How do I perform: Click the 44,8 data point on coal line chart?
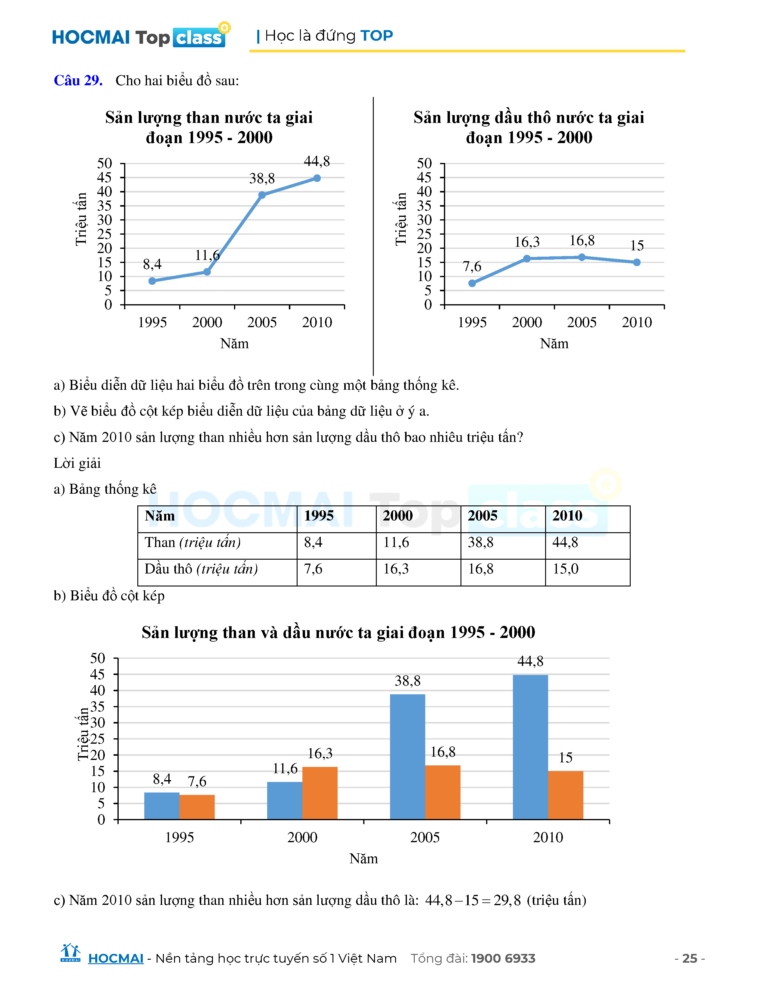click(x=317, y=178)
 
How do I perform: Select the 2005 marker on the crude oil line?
click(x=582, y=257)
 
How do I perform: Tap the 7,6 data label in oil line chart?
click(x=472, y=266)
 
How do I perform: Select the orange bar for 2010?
click(x=566, y=795)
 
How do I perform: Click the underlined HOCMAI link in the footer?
click(x=116, y=958)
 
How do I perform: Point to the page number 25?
click(x=690, y=958)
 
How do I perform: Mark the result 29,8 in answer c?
click(x=507, y=900)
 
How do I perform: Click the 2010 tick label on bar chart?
click(x=548, y=837)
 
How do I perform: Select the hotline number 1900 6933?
click(x=503, y=958)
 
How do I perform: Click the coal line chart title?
click(x=209, y=127)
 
